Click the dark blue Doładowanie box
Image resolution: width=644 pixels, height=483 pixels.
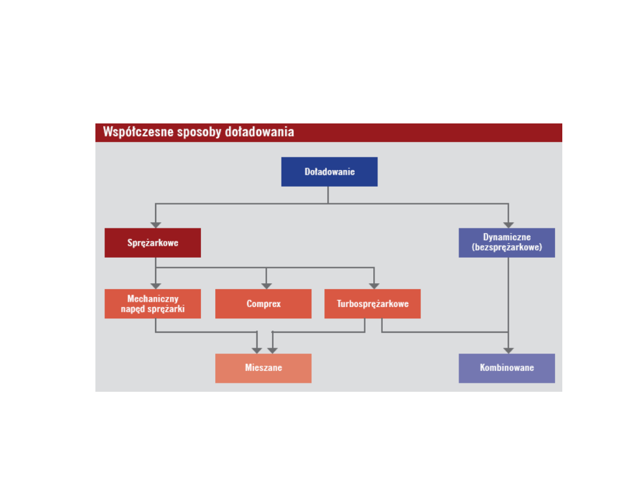329,172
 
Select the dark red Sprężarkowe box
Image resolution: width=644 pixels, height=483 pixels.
153,243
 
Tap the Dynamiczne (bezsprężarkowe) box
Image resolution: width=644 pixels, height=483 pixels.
507,243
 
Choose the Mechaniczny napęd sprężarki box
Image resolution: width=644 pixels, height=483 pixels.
153,304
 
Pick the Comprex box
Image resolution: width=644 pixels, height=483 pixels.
263,304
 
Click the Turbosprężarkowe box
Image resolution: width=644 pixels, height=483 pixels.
373,304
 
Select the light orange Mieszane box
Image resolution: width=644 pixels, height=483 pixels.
263,368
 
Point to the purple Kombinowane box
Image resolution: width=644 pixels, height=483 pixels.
507,368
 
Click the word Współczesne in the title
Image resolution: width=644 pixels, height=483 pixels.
138,132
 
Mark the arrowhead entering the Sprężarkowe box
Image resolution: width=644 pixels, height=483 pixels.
156,225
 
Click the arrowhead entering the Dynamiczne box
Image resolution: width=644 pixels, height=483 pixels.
509,225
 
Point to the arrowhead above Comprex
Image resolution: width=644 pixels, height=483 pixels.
267,286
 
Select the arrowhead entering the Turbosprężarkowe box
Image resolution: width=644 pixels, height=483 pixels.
374,286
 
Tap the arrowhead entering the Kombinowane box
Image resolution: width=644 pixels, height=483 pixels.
509,351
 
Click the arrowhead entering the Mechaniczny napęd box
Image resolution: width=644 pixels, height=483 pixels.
156,286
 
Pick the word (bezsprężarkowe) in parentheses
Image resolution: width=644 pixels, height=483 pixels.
507,247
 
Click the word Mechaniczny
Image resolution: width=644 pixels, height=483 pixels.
153,299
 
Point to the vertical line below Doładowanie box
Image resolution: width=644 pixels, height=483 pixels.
328,195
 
